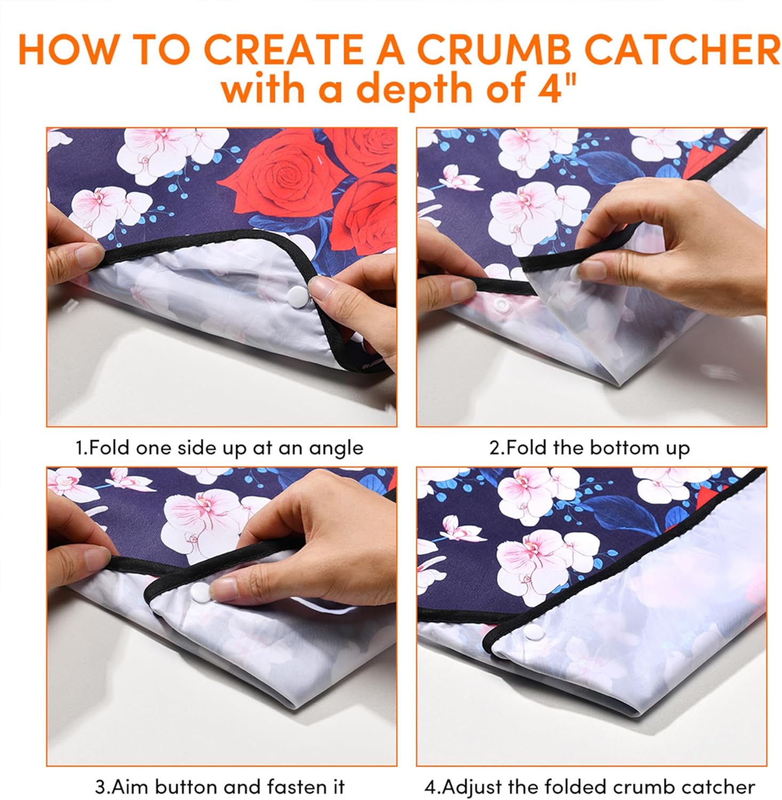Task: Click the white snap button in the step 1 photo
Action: click(x=295, y=293)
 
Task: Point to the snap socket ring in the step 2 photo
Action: click(x=500, y=305)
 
